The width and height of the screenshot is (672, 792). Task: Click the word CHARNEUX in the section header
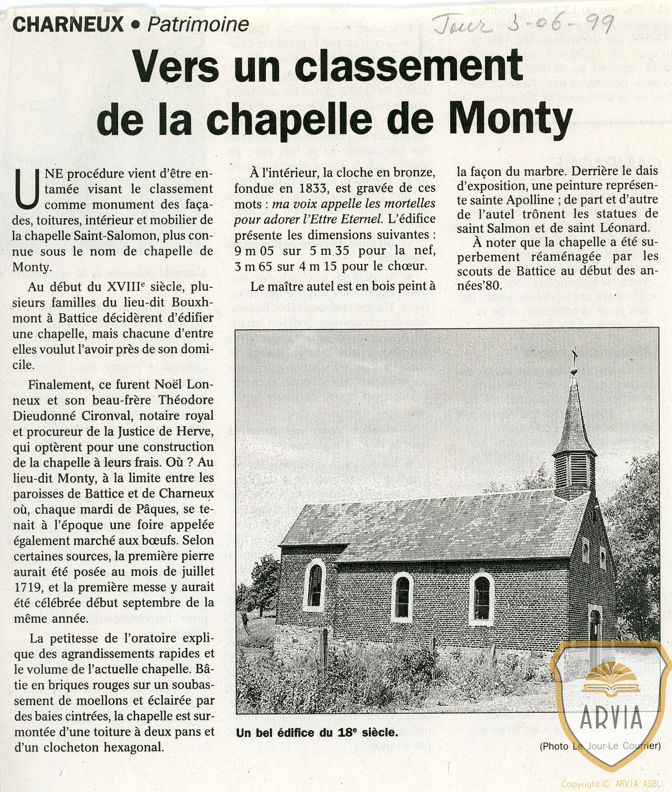click(68, 25)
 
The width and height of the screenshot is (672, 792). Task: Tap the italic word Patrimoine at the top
click(198, 25)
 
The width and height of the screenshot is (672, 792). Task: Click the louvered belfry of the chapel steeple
click(574, 471)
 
